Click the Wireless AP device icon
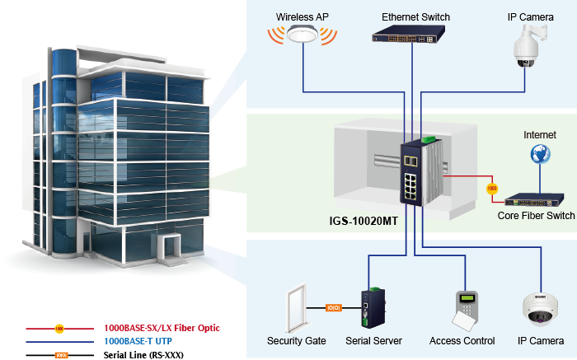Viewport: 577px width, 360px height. pyautogui.click(x=303, y=36)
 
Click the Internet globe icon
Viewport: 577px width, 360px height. pyautogui.click(x=540, y=153)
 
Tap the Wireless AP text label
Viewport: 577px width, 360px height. pyautogui.click(x=302, y=16)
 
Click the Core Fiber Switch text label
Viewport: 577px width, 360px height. pyautogui.click(x=536, y=216)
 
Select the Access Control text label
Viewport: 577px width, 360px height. pyautogui.click(x=462, y=340)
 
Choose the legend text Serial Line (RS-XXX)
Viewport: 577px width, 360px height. pyautogui.click(x=143, y=354)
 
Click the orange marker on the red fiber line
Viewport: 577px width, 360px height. pyautogui.click(x=492, y=188)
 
